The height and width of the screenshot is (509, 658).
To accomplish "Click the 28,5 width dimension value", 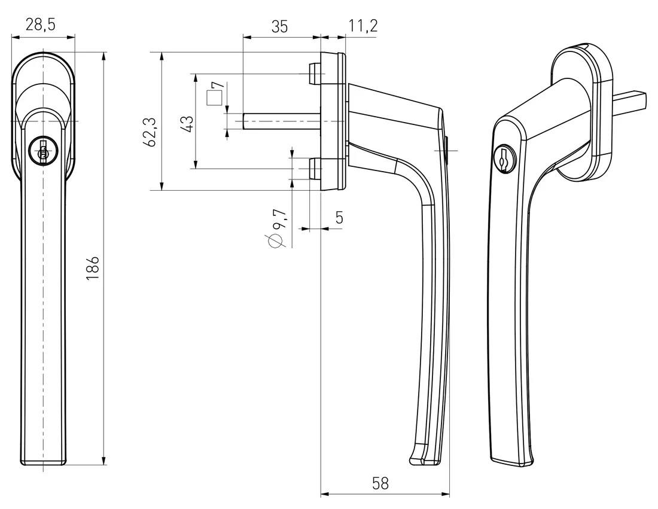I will [x=42, y=25].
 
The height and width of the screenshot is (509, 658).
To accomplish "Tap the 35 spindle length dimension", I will [x=279, y=26].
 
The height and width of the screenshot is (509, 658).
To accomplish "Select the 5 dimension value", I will [x=339, y=218].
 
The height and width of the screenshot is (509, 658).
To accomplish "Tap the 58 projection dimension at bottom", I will [x=380, y=483].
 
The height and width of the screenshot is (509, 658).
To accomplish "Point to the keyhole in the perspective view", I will [x=502, y=158].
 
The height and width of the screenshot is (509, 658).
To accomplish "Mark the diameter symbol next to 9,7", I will [x=275, y=240].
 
